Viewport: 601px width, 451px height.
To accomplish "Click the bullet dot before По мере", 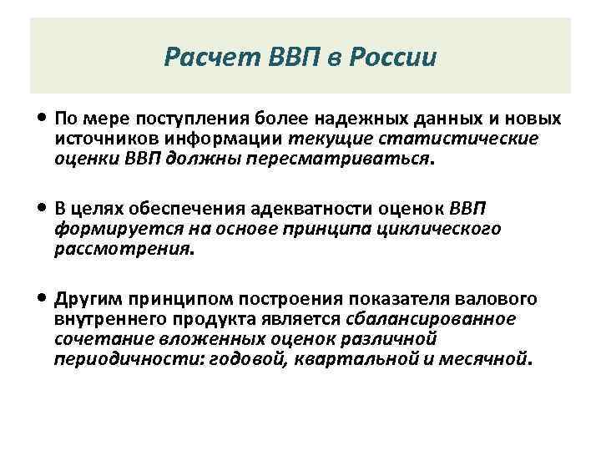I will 43,118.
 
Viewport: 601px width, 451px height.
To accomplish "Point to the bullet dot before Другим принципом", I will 43,298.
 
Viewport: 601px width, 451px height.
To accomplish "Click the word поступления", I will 184,119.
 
